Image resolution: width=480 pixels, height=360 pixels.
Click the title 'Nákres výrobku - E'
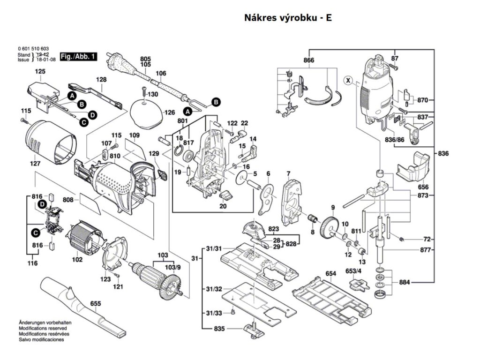288,18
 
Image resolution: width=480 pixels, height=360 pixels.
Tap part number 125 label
41,72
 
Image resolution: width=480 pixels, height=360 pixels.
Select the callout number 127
35,164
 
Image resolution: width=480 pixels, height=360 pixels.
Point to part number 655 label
96,304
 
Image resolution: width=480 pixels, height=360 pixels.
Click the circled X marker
347,80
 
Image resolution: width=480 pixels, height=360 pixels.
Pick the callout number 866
308,60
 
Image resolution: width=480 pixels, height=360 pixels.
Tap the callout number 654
331,273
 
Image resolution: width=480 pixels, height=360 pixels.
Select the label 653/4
357,271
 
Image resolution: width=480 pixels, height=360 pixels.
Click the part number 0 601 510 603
33,49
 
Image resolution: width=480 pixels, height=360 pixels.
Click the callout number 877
425,250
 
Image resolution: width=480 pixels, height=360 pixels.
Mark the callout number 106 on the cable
161,73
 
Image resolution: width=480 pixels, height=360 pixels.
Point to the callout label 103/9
172,267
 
